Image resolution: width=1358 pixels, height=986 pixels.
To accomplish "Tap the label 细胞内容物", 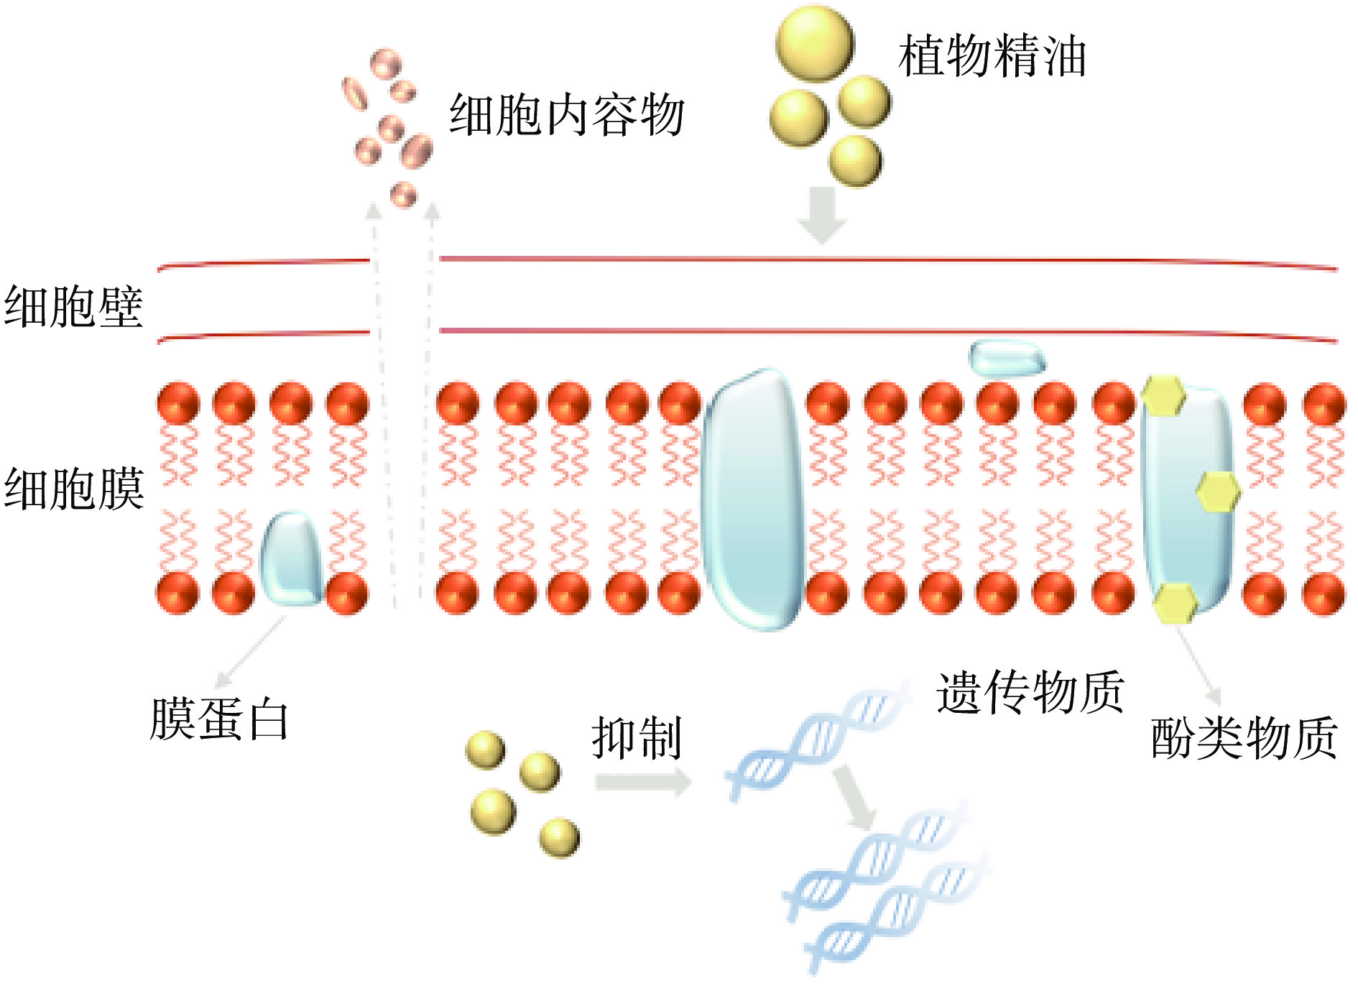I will click(567, 115).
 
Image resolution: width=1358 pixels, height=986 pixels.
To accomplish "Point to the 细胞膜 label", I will click(73, 489).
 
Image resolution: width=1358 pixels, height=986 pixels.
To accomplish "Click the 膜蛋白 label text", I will click(219, 719).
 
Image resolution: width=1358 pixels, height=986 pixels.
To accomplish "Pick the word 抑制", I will click(637, 738).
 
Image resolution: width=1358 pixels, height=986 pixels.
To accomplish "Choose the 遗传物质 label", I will click(1030, 692).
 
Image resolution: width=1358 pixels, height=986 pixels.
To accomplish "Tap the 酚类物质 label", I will click(1244, 738).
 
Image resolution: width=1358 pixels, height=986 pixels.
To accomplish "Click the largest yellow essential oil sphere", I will click(815, 43).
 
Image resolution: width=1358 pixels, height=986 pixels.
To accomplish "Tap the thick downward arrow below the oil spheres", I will click(822, 214).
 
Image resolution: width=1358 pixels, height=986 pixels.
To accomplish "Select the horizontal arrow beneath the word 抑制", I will click(642, 782).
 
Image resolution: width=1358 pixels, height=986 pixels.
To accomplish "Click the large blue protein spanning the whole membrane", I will click(753, 499).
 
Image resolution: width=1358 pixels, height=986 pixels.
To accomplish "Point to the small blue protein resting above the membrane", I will click(1006, 358).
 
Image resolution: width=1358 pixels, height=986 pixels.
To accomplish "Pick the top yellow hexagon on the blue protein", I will click(1163, 395).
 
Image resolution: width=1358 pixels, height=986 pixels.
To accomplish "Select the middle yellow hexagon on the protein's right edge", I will click(1218, 492).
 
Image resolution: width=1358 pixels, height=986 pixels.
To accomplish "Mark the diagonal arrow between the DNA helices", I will click(854, 796).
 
